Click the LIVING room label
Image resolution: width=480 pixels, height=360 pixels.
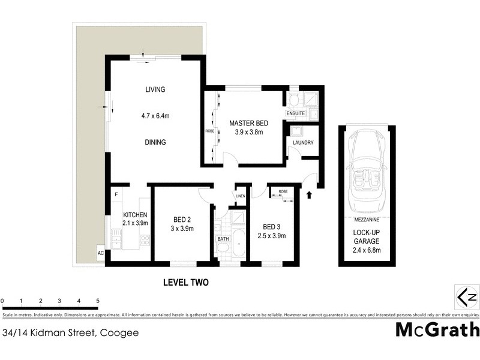[x=155, y=89]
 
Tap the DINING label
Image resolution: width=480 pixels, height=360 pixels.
[x=155, y=142]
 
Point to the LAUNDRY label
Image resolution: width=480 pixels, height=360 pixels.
[x=302, y=142]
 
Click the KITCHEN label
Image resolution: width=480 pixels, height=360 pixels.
[x=135, y=215]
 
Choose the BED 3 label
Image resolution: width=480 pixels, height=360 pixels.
[x=272, y=227]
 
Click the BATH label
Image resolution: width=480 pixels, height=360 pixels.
[x=223, y=239]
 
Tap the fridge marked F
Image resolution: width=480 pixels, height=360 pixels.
[x=116, y=194]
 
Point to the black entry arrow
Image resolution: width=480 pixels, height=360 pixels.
[x=310, y=194]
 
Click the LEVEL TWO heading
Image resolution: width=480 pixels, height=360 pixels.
[x=185, y=281]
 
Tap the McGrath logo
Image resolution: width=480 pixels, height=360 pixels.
[x=437, y=329]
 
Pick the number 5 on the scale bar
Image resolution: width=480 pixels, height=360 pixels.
[x=97, y=300]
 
